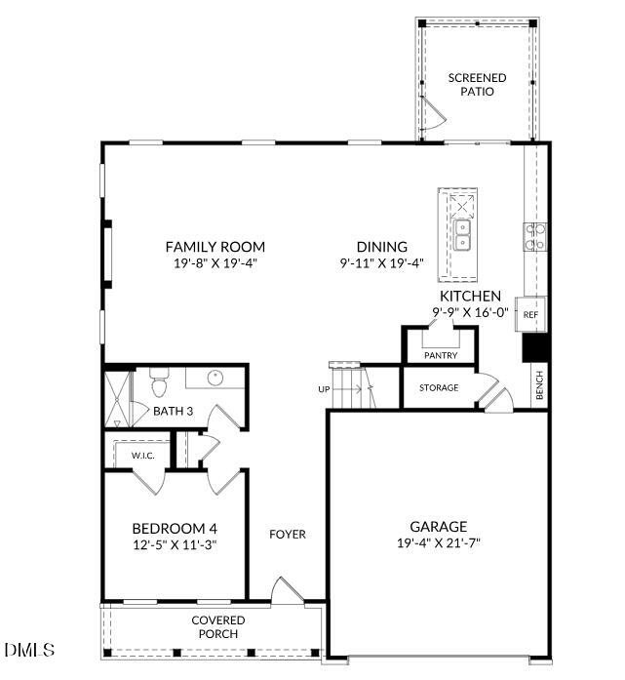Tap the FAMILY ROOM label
215,248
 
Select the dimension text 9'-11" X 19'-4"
381,263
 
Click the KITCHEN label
470,297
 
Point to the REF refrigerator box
531,315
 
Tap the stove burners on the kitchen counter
536,237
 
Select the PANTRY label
441,356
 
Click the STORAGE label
439,388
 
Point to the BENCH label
539,385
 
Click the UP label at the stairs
325,389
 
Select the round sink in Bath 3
216,378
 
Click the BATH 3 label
173,412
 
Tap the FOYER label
288,535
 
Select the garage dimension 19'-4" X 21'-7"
438,542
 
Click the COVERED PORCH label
217,627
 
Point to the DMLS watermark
29,649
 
